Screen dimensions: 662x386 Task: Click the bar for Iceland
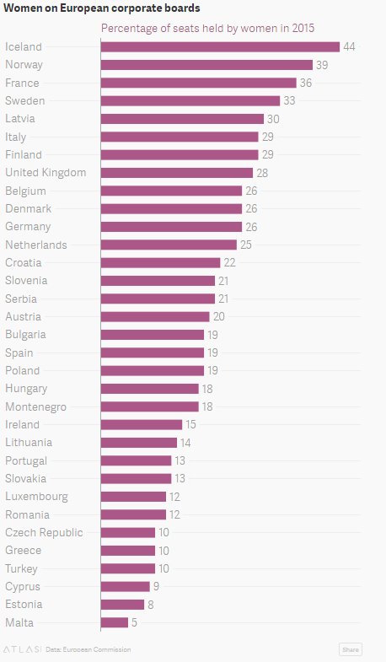[220, 46]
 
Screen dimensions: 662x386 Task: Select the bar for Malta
[115, 622]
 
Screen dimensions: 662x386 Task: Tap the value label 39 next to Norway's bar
[322, 65]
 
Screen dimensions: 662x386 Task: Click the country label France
[22, 83]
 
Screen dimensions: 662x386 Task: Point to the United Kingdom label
[46, 173]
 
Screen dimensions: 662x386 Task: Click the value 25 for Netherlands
[246, 245]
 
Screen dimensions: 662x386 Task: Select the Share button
[350, 649]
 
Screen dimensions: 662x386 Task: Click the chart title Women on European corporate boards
[103, 8]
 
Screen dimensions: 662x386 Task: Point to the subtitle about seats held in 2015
[207, 28]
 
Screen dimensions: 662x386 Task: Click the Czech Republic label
[44, 532]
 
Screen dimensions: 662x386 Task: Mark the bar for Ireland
[142, 424]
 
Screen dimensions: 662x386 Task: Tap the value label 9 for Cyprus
[156, 586]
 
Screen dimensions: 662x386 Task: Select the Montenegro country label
[36, 406]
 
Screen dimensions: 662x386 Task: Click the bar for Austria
[155, 316]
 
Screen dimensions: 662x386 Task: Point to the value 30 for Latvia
[273, 119]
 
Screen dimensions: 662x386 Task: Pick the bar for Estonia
[122, 604]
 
